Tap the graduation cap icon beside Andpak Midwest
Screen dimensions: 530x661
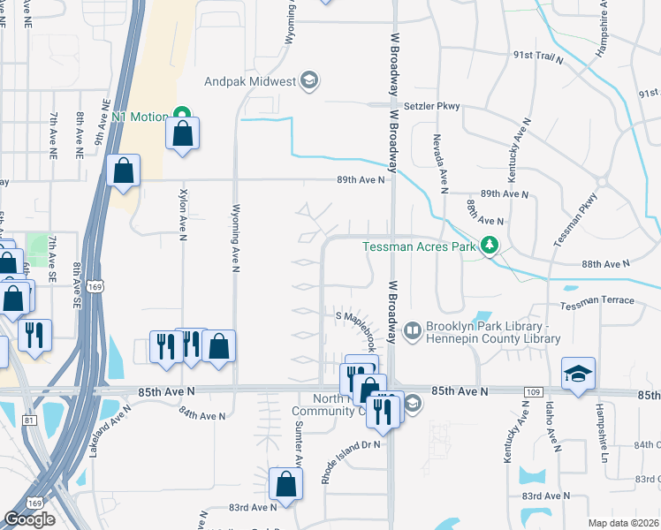tap(308, 82)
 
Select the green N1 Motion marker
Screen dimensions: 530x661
tap(182, 116)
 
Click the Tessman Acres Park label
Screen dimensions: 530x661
tap(420, 246)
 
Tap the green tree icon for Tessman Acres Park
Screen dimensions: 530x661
tap(488, 246)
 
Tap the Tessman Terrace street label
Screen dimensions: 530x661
tap(596, 301)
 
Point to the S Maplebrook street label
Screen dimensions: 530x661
tap(355, 315)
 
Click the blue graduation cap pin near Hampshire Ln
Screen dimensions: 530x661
tap(579, 375)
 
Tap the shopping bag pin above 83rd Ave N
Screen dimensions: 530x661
tap(285, 483)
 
